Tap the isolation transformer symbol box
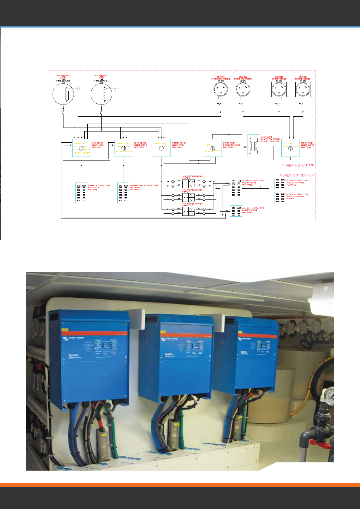pyautogui.click(x=254, y=146)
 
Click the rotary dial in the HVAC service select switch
pyautogui.click(x=81, y=148)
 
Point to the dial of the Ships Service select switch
pyautogui.click(x=124, y=148)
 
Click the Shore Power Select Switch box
pyautogui.click(x=290, y=148)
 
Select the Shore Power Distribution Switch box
pyautogui.click(x=213, y=148)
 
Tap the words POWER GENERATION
pyautogui.click(x=298, y=165)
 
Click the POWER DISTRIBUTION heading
pyautogui.click(x=297, y=175)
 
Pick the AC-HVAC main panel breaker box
pyautogui.click(x=81, y=193)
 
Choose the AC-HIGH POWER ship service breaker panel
pyautogui.click(x=123, y=193)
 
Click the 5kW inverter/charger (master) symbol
pyautogui.click(x=189, y=184)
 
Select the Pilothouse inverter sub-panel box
pyautogui.click(x=280, y=183)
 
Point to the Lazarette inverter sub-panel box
pyautogui.click(x=280, y=197)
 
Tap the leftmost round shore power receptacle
pyautogui.click(x=221, y=89)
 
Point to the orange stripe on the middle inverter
pyautogui.click(x=187, y=335)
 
